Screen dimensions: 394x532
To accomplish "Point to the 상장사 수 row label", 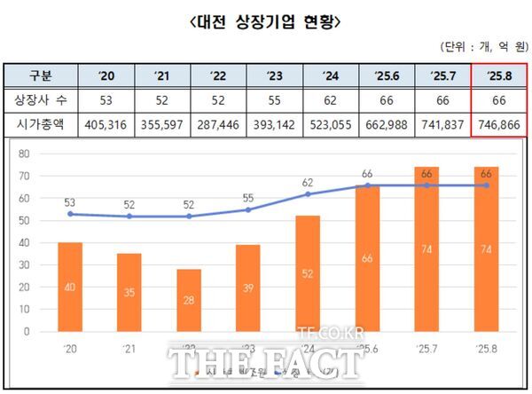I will point(41,100).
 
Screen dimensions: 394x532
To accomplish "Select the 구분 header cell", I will point(41,75).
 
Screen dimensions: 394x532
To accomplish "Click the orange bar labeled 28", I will point(189,300).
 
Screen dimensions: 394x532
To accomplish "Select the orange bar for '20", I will point(70,287).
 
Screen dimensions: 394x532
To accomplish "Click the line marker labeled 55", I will point(248,209).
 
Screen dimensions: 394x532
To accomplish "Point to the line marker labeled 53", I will point(70,214).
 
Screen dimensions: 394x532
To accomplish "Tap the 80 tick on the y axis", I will point(24,154).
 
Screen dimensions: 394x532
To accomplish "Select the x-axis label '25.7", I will point(426,348).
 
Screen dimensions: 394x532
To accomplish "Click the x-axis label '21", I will point(129,348).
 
